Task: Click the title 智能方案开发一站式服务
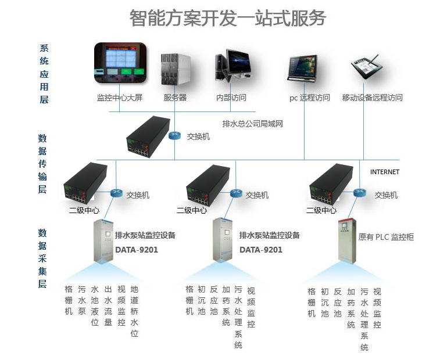pyautogui.click(x=228, y=19)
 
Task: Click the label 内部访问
pyautogui.click(x=231, y=98)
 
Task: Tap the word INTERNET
pyautogui.click(x=385, y=172)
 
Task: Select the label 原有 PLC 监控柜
pyautogui.click(x=386, y=237)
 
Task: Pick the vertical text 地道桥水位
pyautogui.click(x=135, y=311)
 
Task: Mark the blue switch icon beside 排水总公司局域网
pyautogui.click(x=174, y=136)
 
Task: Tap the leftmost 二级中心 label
pyautogui.click(x=85, y=211)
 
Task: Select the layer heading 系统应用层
pyautogui.click(x=44, y=74)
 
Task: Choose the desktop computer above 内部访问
pyautogui.click(x=232, y=67)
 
